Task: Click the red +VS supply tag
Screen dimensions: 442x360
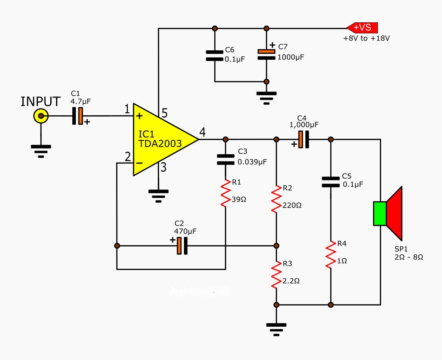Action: click(x=362, y=28)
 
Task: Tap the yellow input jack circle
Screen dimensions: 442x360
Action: click(x=41, y=116)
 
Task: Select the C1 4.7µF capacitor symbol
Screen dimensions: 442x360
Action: click(x=78, y=116)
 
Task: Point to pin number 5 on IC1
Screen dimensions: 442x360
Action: click(x=164, y=113)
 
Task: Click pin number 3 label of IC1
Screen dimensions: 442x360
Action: click(x=163, y=167)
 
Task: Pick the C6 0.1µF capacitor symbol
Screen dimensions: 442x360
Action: click(x=215, y=56)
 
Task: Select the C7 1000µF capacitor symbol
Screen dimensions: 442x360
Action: click(x=266, y=55)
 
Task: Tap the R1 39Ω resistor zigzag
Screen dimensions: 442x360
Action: click(x=226, y=193)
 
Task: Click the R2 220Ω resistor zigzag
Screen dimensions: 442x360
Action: click(x=277, y=199)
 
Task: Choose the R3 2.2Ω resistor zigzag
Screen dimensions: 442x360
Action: click(x=277, y=275)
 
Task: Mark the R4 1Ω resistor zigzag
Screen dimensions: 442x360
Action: click(x=331, y=254)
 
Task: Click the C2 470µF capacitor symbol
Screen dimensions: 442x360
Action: click(x=182, y=246)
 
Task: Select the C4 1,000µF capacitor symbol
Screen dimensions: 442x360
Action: click(x=303, y=140)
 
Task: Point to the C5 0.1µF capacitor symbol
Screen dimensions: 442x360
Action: click(x=331, y=182)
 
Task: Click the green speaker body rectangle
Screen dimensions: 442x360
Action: click(x=380, y=214)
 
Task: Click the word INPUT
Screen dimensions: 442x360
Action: click(x=40, y=101)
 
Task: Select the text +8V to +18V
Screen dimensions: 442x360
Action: click(x=366, y=38)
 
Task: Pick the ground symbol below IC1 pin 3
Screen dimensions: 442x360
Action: click(x=159, y=196)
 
